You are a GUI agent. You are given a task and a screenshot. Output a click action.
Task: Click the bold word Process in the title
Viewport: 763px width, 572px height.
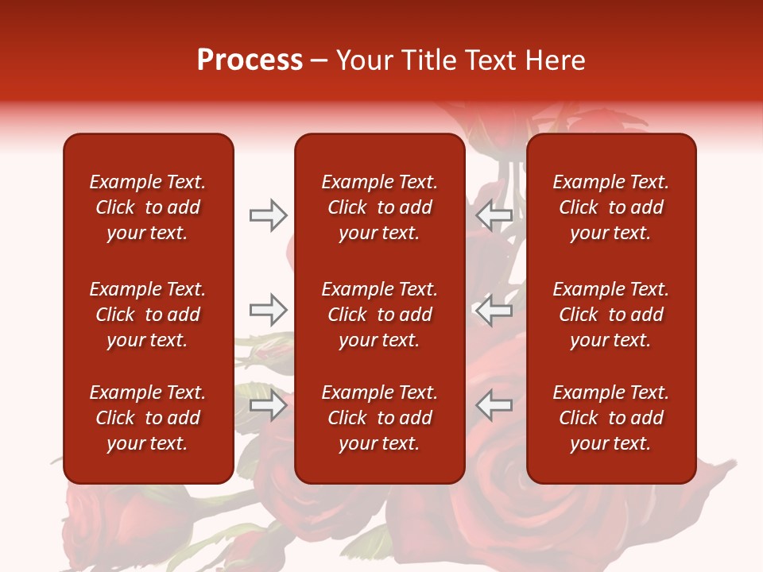(250, 60)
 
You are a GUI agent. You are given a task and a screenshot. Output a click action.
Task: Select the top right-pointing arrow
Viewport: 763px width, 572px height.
(268, 215)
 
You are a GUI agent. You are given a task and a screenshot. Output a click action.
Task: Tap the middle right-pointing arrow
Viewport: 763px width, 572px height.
(268, 310)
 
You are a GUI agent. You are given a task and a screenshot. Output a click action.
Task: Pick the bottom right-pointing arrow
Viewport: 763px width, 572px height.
(268, 406)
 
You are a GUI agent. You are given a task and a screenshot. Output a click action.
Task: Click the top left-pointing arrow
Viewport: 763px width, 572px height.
(494, 215)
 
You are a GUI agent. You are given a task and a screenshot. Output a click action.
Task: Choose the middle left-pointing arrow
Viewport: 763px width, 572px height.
(494, 310)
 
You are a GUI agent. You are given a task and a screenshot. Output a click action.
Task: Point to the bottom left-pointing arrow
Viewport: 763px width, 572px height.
(494, 406)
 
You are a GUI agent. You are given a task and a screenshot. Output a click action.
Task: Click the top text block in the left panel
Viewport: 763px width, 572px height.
(148, 207)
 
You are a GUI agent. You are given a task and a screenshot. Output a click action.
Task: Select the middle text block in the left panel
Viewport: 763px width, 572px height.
(148, 315)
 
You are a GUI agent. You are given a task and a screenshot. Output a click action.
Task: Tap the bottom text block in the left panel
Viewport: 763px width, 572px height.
(148, 418)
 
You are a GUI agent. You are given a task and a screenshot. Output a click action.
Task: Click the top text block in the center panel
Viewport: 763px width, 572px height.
(380, 207)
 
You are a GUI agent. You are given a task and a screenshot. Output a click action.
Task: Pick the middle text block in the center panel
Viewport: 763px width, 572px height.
(380, 315)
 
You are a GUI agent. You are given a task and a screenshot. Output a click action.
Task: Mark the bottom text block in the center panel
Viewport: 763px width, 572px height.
(380, 418)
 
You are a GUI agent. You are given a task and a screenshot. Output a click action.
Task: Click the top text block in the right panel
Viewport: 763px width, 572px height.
(611, 207)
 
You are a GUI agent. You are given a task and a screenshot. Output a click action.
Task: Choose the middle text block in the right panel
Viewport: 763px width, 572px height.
(611, 315)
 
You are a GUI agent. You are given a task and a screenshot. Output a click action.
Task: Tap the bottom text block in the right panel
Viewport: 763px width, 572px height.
(611, 418)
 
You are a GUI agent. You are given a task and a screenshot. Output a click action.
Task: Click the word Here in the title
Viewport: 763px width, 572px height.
(556, 60)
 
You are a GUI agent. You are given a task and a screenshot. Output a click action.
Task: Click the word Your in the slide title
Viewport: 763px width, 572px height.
(364, 60)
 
